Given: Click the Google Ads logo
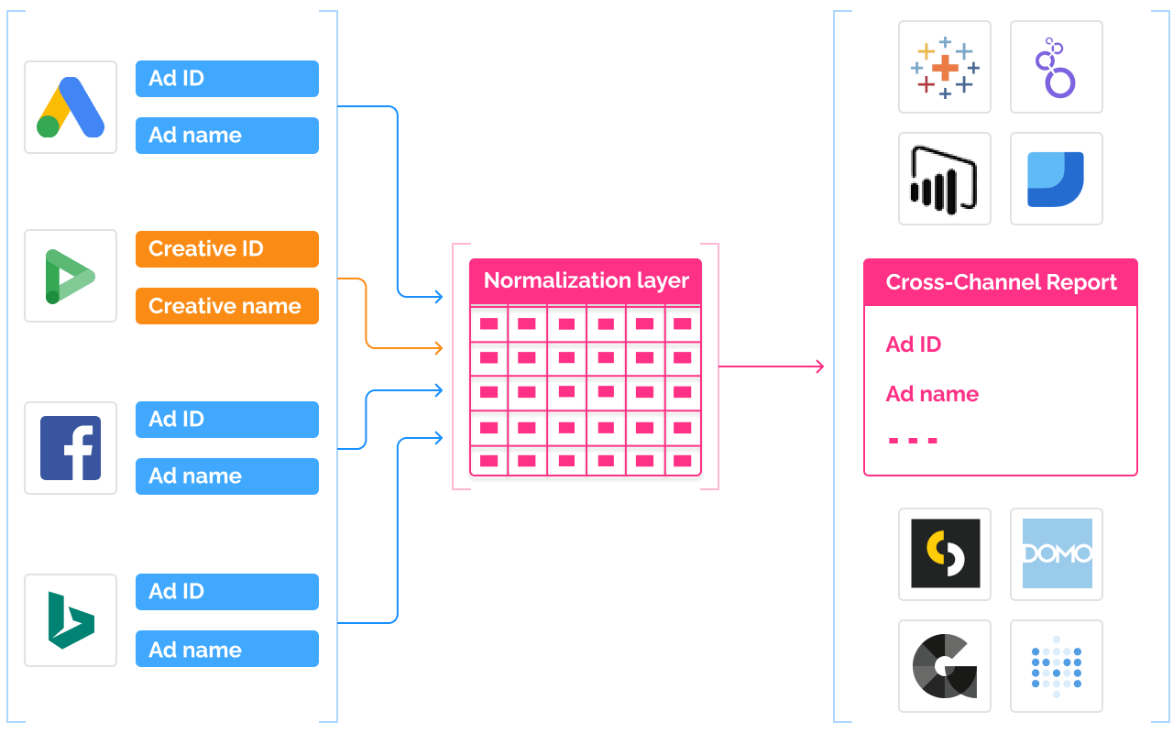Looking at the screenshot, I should (71, 107).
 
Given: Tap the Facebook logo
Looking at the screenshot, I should (71, 448).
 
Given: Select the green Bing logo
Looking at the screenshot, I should (71, 620).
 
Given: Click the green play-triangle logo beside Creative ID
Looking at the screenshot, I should (71, 276).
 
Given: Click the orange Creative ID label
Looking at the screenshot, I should (226, 249).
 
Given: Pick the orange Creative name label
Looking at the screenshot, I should (226, 306).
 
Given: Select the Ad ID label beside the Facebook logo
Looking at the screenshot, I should (226, 420).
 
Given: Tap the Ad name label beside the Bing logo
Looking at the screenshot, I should (226, 649).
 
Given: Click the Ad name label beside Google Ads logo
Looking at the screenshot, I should (226, 136).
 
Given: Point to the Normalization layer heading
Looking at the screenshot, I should (586, 280).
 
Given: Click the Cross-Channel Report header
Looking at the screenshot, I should (1001, 282).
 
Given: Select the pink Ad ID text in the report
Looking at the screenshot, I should (914, 345).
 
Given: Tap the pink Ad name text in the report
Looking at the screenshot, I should (932, 394).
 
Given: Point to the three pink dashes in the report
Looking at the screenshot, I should (914, 441).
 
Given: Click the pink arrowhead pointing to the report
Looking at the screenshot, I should (819, 366).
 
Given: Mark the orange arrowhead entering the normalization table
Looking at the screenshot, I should (438, 348).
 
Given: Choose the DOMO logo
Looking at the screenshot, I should (1057, 554).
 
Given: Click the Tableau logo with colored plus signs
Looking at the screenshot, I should (945, 67).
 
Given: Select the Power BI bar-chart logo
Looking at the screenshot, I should (945, 179).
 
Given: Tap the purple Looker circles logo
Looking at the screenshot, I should (1057, 67).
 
